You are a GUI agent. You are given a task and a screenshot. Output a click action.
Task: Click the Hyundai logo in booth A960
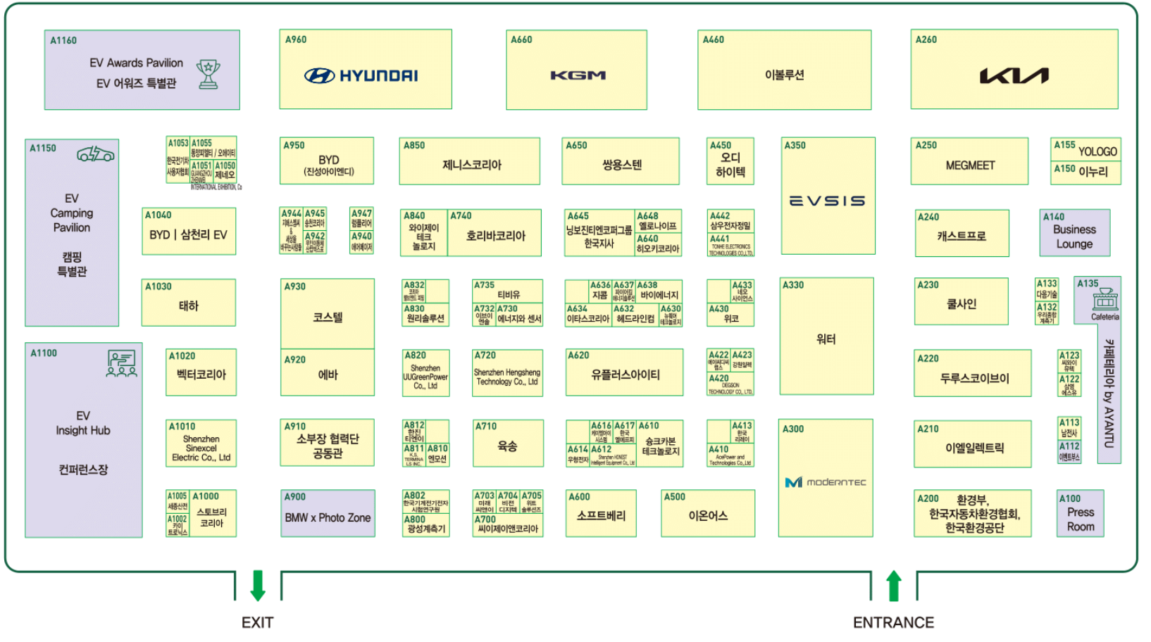point(361,76)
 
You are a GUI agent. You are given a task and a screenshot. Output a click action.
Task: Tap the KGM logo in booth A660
point(578,75)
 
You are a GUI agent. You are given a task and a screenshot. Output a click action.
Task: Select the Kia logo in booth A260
point(1014,75)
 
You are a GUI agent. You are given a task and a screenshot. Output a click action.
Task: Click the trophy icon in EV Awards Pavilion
point(209,74)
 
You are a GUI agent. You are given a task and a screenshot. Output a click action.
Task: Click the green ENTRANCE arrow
point(893,586)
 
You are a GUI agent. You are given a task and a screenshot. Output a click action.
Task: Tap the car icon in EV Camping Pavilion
point(96,153)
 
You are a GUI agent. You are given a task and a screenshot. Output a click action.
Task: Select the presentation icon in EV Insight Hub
point(122,364)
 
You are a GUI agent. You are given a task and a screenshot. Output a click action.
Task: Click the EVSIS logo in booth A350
point(827,201)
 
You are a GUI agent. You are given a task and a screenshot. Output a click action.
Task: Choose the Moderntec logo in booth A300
point(826,482)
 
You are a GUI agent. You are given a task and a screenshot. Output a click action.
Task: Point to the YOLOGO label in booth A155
point(1097,151)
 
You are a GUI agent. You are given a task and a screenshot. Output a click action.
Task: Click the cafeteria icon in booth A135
point(1105,300)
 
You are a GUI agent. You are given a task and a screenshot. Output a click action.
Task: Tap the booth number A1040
point(158,215)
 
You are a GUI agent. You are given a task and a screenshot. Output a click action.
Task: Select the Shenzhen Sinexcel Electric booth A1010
point(201,444)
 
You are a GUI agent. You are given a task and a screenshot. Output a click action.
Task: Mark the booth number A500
point(675,497)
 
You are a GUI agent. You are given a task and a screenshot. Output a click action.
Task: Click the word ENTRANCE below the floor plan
point(893,622)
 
